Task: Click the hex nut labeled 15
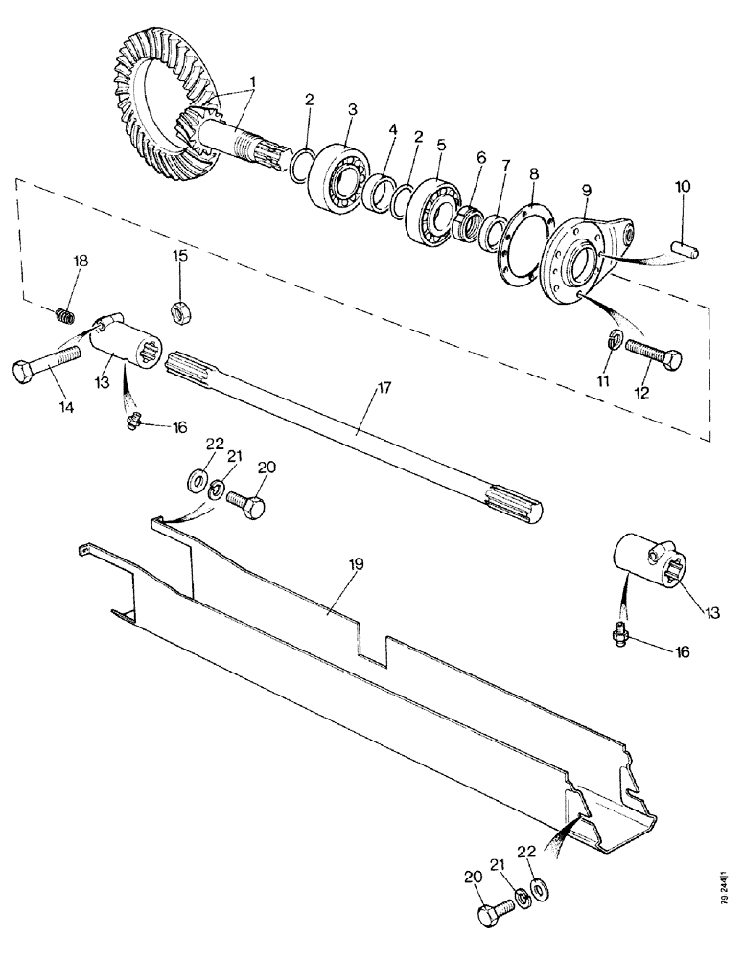[x=179, y=310]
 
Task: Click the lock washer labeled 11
[x=616, y=338]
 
